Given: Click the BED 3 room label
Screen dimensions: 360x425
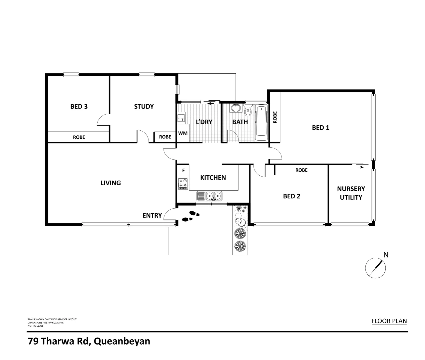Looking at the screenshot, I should point(79,107).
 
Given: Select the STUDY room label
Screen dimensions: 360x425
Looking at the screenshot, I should point(144,107).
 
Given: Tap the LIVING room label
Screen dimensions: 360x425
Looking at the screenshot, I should point(111,183).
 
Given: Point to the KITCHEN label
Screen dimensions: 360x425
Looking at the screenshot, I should point(213,178).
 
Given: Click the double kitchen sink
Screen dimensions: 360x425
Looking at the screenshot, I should point(209,196).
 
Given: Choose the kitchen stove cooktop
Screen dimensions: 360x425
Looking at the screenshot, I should point(183,184).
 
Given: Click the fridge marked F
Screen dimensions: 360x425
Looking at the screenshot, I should point(183,170).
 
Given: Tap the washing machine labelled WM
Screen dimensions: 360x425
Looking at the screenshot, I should point(183,133).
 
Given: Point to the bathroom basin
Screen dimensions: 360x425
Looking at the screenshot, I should point(236,108).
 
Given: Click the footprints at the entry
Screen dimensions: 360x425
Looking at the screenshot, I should point(191,216).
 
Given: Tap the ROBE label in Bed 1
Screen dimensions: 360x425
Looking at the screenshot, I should point(275,117).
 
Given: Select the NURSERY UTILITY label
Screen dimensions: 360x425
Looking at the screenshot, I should point(351,193).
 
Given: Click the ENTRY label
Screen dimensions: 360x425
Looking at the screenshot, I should point(152,216).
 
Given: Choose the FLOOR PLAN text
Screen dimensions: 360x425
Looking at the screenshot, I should point(389,321).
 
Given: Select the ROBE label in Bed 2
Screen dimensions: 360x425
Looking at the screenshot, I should point(301,170).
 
